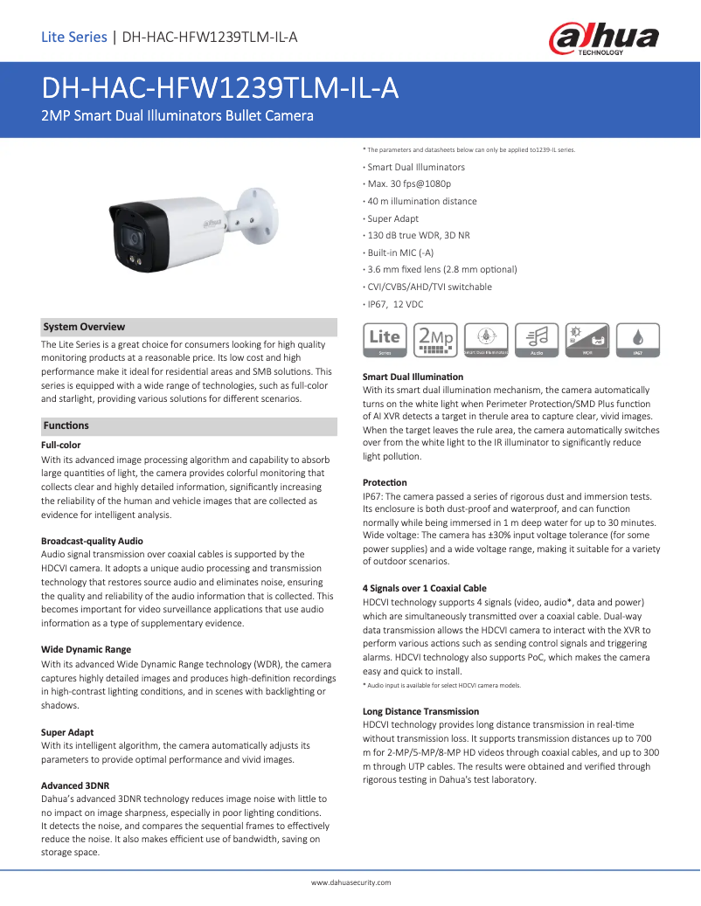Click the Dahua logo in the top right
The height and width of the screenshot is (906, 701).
coord(603,39)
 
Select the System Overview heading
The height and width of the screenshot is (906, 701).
coord(84,327)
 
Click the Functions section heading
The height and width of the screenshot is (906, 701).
coord(66,425)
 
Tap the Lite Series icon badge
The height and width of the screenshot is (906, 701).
coord(385,340)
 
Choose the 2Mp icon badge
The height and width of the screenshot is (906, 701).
coord(435,340)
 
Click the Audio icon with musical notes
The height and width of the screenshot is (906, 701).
coord(537,340)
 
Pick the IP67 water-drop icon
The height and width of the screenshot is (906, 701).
coord(638,340)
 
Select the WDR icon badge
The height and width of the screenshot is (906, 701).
coord(587,340)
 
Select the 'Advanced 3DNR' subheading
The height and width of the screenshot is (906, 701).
coord(74,785)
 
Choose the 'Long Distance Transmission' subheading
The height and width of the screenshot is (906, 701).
coord(420,712)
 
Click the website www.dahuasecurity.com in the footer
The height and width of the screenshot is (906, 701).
coord(350,883)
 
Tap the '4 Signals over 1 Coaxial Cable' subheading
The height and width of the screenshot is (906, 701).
coord(424,588)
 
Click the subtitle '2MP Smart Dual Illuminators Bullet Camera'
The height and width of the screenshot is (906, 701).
coord(177,115)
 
